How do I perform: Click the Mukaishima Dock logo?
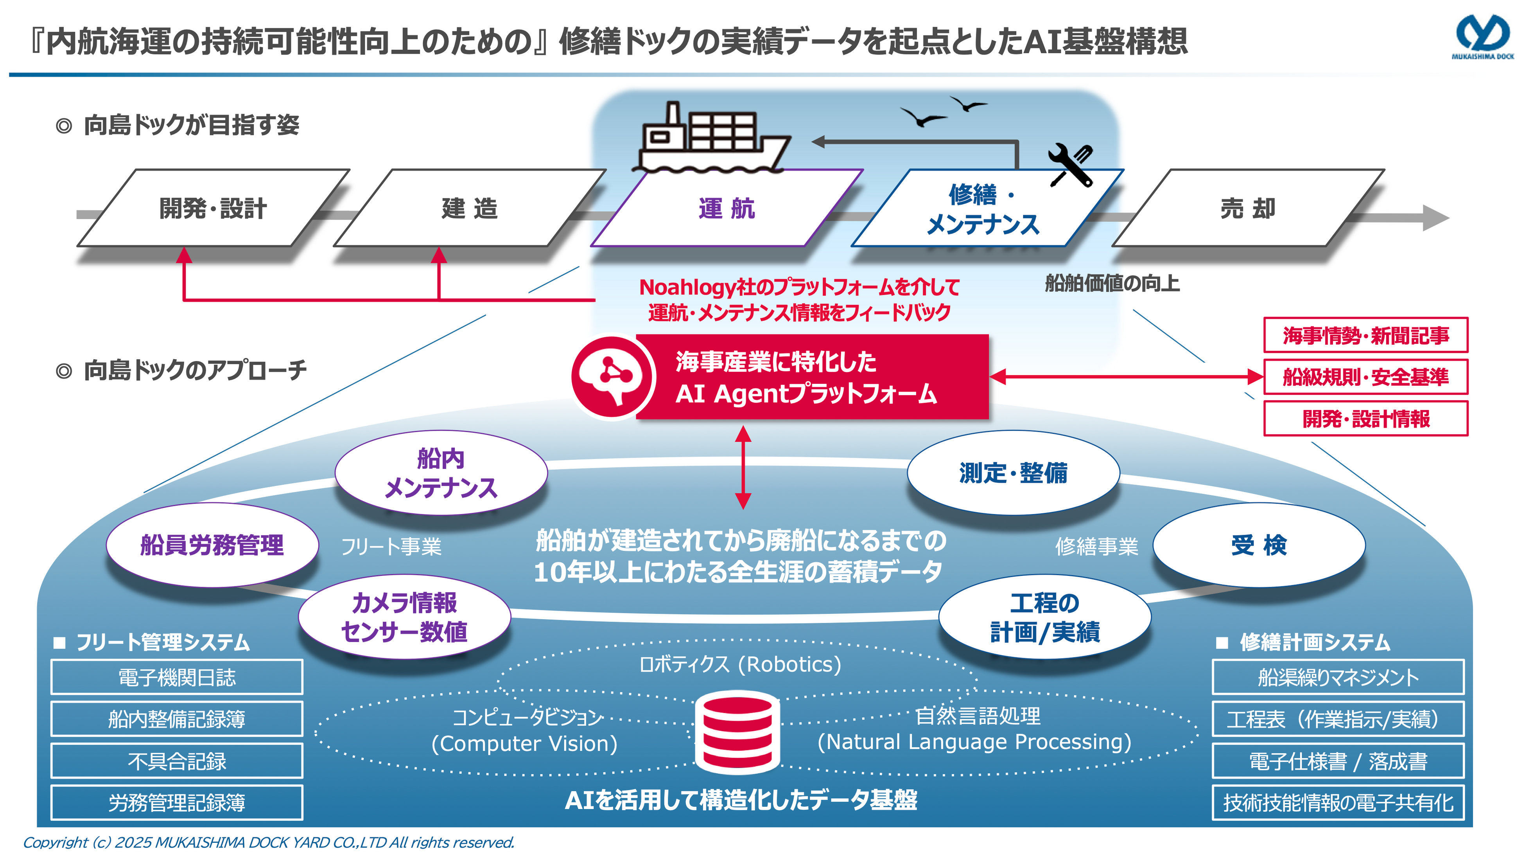tap(1481, 37)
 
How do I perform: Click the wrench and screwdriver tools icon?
tap(1070, 165)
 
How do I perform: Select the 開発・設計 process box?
tap(213, 209)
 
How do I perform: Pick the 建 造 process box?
tap(470, 209)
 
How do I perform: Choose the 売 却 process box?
tap(1248, 209)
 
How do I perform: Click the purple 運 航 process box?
tap(727, 209)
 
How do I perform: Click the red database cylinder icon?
tap(737, 732)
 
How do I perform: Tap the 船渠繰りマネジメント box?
tap(1338, 677)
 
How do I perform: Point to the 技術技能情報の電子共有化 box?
tap(1338, 803)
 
